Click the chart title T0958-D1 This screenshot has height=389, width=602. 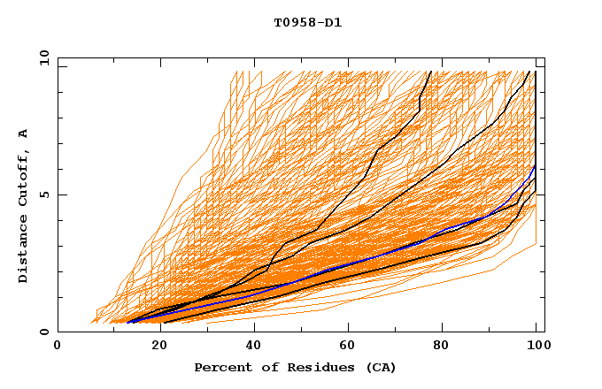point(307,23)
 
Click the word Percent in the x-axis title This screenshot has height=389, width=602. point(219,367)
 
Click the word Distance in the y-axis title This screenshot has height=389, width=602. point(24,252)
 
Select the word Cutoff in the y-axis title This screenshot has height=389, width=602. point(24,182)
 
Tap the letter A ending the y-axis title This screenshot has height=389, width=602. point(24,133)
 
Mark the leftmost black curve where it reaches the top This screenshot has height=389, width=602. point(430,72)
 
